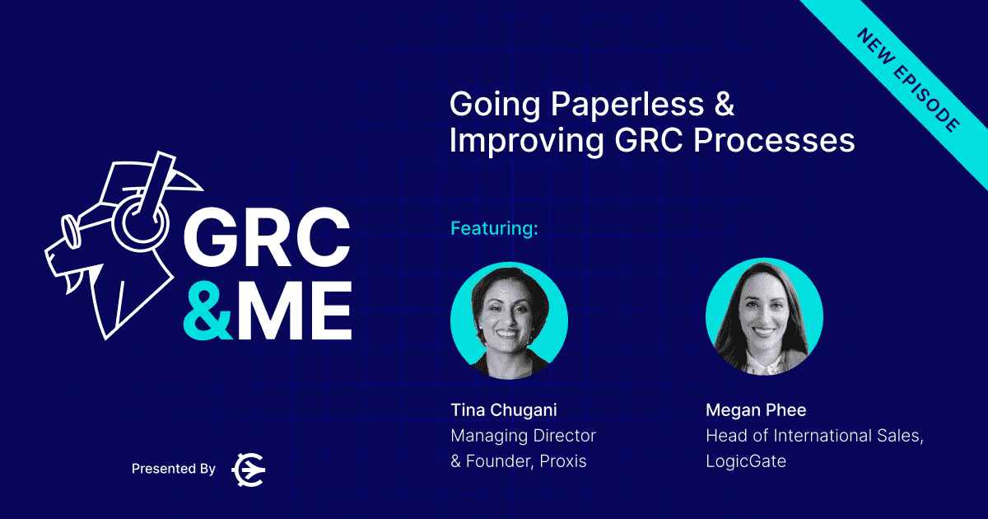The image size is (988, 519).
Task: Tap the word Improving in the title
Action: pyautogui.click(x=527, y=142)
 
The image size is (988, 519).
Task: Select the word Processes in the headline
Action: pyautogui.click(x=774, y=141)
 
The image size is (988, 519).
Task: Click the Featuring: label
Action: pyautogui.click(x=494, y=229)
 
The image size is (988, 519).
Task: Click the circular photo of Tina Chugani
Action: pyautogui.click(x=509, y=320)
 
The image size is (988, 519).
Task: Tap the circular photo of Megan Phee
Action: pyautogui.click(x=764, y=317)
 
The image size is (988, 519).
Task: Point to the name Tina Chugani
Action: pyautogui.click(x=504, y=410)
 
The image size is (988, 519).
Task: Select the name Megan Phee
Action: pyautogui.click(x=756, y=410)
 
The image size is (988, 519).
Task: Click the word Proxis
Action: pyautogui.click(x=563, y=461)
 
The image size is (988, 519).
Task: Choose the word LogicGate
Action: pyautogui.click(x=746, y=461)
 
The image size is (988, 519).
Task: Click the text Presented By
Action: pyautogui.click(x=174, y=469)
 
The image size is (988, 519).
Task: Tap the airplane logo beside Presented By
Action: pyautogui.click(x=249, y=470)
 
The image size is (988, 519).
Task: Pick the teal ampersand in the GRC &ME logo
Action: pyautogui.click(x=207, y=311)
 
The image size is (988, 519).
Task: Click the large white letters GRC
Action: pyautogui.click(x=267, y=237)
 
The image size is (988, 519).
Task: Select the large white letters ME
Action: pyautogui.click(x=293, y=311)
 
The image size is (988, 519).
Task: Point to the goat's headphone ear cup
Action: pyautogui.click(x=140, y=222)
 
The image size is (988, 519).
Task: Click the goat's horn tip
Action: pyautogui.click(x=202, y=189)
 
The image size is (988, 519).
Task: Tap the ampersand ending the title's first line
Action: pyautogui.click(x=724, y=104)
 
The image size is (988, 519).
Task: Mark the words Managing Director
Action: pyautogui.click(x=523, y=436)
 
